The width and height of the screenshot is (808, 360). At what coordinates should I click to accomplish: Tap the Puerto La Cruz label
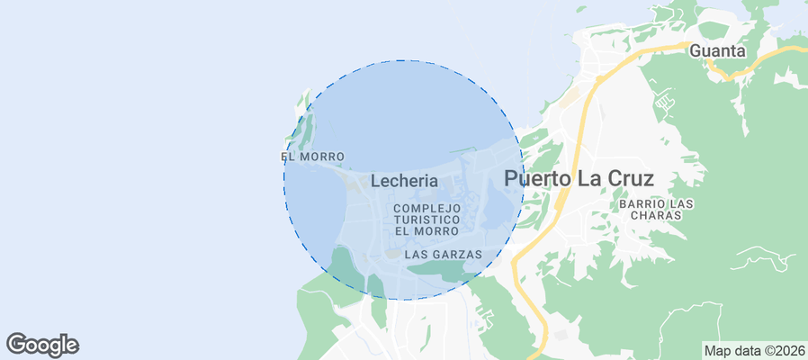[578, 178]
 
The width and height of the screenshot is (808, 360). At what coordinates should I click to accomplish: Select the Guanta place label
[717, 51]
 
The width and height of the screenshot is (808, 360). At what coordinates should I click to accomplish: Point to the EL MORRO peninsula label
[312, 157]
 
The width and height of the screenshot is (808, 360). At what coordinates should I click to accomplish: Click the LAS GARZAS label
[444, 255]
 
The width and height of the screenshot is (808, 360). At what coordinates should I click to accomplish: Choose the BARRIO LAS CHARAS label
[656, 210]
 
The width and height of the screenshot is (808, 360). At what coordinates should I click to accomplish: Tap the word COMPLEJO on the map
[427, 208]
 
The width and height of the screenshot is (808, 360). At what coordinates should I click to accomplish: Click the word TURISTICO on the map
[427, 220]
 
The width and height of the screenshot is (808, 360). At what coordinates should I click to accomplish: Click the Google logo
[42, 344]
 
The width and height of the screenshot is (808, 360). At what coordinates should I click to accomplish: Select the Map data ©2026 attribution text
[754, 350]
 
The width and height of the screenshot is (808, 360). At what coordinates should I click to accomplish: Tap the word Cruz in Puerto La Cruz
[627, 178]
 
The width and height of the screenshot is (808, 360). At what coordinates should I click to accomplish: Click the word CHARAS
[656, 215]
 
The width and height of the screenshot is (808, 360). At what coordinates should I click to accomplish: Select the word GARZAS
[460, 255]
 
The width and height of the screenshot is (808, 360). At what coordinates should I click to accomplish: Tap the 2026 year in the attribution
[788, 350]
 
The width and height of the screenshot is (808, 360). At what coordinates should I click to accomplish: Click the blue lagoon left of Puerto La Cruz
[498, 203]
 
